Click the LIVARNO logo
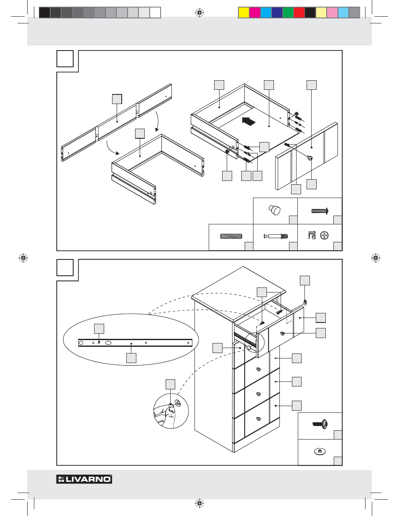coord(84,479)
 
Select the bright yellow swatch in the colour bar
coord(243,13)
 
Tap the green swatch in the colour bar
coord(288,13)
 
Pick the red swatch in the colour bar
coord(299,13)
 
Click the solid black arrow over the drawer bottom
coord(248,121)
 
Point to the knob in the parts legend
coord(275,210)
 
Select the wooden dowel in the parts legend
coord(231,236)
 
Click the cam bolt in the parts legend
coord(276,236)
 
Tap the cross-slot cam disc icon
coord(325,236)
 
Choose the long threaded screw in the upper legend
coord(320,211)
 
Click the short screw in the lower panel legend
coord(320,424)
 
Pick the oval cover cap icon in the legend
coord(320,451)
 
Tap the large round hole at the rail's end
coord(81,343)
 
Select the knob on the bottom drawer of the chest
coord(258,419)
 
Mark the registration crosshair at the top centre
coord(199,13)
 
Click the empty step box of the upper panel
coord(65,58)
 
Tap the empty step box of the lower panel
coord(65,268)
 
